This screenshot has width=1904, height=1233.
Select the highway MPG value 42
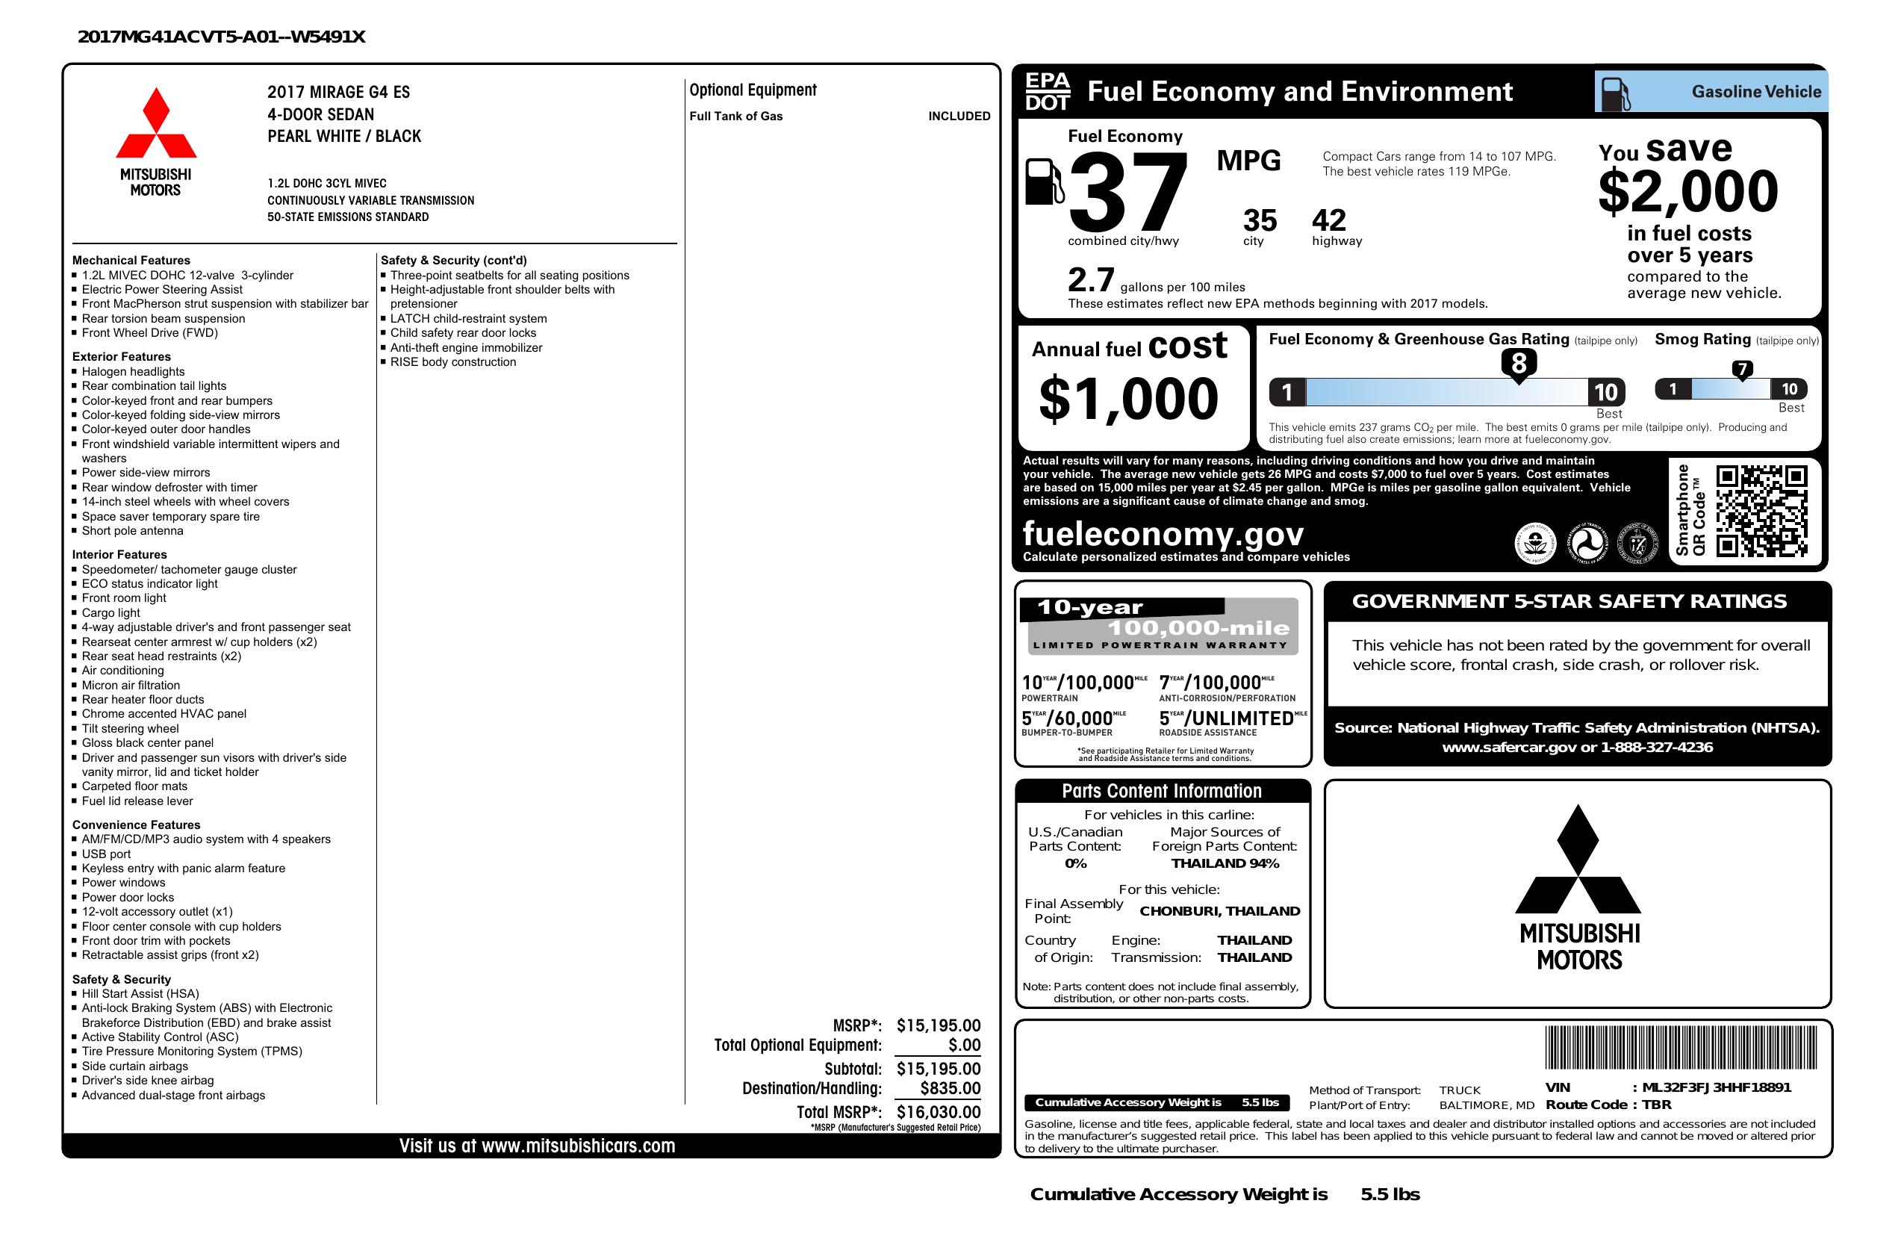tap(1329, 220)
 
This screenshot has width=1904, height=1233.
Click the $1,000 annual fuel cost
tap(1128, 399)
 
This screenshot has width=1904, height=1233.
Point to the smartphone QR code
tap(1761, 511)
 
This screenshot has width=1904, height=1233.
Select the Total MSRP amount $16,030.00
tap(938, 1111)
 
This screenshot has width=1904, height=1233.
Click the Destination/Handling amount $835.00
tap(950, 1088)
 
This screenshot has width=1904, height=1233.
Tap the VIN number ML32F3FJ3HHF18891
tap(1716, 1087)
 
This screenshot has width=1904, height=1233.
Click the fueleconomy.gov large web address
tap(1163, 533)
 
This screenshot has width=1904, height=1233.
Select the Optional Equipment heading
tap(753, 90)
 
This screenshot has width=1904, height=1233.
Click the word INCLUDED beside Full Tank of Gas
tap(959, 116)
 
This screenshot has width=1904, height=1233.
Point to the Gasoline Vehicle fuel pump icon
tap(1615, 92)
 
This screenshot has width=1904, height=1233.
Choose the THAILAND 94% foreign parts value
tap(1225, 863)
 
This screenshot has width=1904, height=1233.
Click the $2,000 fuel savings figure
tap(1688, 192)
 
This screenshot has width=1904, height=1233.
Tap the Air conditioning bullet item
tap(122, 671)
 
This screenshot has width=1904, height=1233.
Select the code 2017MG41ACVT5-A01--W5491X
tap(222, 37)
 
